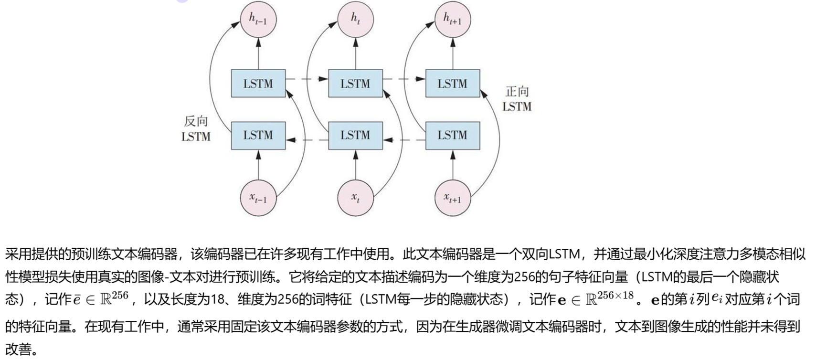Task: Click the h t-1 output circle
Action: (259, 20)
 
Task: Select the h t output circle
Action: (356, 20)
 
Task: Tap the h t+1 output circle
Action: (453, 20)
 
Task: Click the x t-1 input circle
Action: (259, 198)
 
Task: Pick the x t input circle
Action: (356, 198)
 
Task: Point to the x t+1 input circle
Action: (453, 198)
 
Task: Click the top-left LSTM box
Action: (258, 84)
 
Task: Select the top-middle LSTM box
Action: (355, 84)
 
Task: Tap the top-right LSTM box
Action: (453, 84)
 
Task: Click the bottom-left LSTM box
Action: (258, 136)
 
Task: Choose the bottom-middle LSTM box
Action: (355, 136)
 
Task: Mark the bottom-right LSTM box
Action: (453, 136)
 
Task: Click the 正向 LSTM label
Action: (517, 99)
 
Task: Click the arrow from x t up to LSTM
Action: (356, 165)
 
